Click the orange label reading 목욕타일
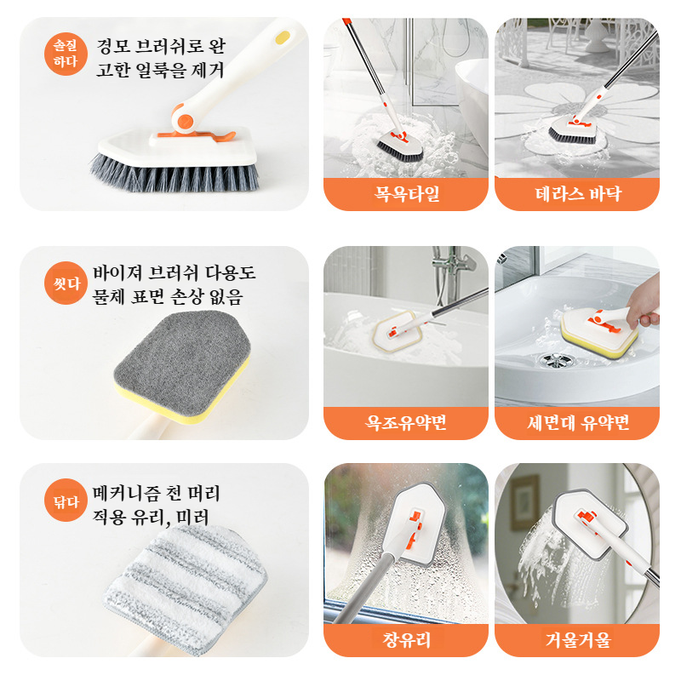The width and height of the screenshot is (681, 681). pyautogui.click(x=406, y=194)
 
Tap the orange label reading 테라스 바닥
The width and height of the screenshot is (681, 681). pyautogui.click(x=577, y=194)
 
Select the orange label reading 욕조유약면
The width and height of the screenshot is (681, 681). pyautogui.click(x=406, y=423)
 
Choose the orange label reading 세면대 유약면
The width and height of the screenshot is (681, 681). pyautogui.click(x=577, y=423)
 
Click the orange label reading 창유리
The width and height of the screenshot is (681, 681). pyautogui.click(x=406, y=640)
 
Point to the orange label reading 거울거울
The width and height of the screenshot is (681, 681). pyautogui.click(x=577, y=640)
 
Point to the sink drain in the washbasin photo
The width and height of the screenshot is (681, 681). pyautogui.click(x=556, y=360)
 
